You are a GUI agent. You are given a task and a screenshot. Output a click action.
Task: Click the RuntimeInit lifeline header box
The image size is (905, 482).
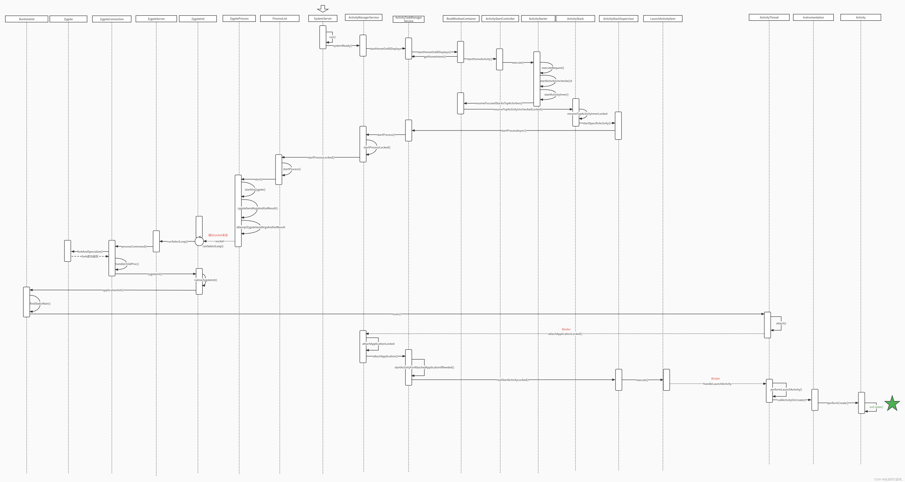[x=27, y=19]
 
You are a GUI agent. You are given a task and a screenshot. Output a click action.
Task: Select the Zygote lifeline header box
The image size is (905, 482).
[x=68, y=19]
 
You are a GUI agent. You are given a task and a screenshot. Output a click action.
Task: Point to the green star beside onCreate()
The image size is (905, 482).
[x=892, y=404]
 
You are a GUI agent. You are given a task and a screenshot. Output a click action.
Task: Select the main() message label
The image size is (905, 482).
[x=396, y=314]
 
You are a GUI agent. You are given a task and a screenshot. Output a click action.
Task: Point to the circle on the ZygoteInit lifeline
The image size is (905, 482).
[x=199, y=241]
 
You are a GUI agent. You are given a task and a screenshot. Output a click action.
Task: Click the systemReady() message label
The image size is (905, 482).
[x=342, y=46]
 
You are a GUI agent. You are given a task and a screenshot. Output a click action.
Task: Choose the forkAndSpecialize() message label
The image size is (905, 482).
[x=90, y=252]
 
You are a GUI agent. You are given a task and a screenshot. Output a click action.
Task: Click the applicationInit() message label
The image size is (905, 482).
[x=113, y=290]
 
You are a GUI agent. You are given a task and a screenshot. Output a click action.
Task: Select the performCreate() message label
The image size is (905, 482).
[x=838, y=403]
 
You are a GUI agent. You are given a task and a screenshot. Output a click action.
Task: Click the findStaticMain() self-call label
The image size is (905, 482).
[x=40, y=303]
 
